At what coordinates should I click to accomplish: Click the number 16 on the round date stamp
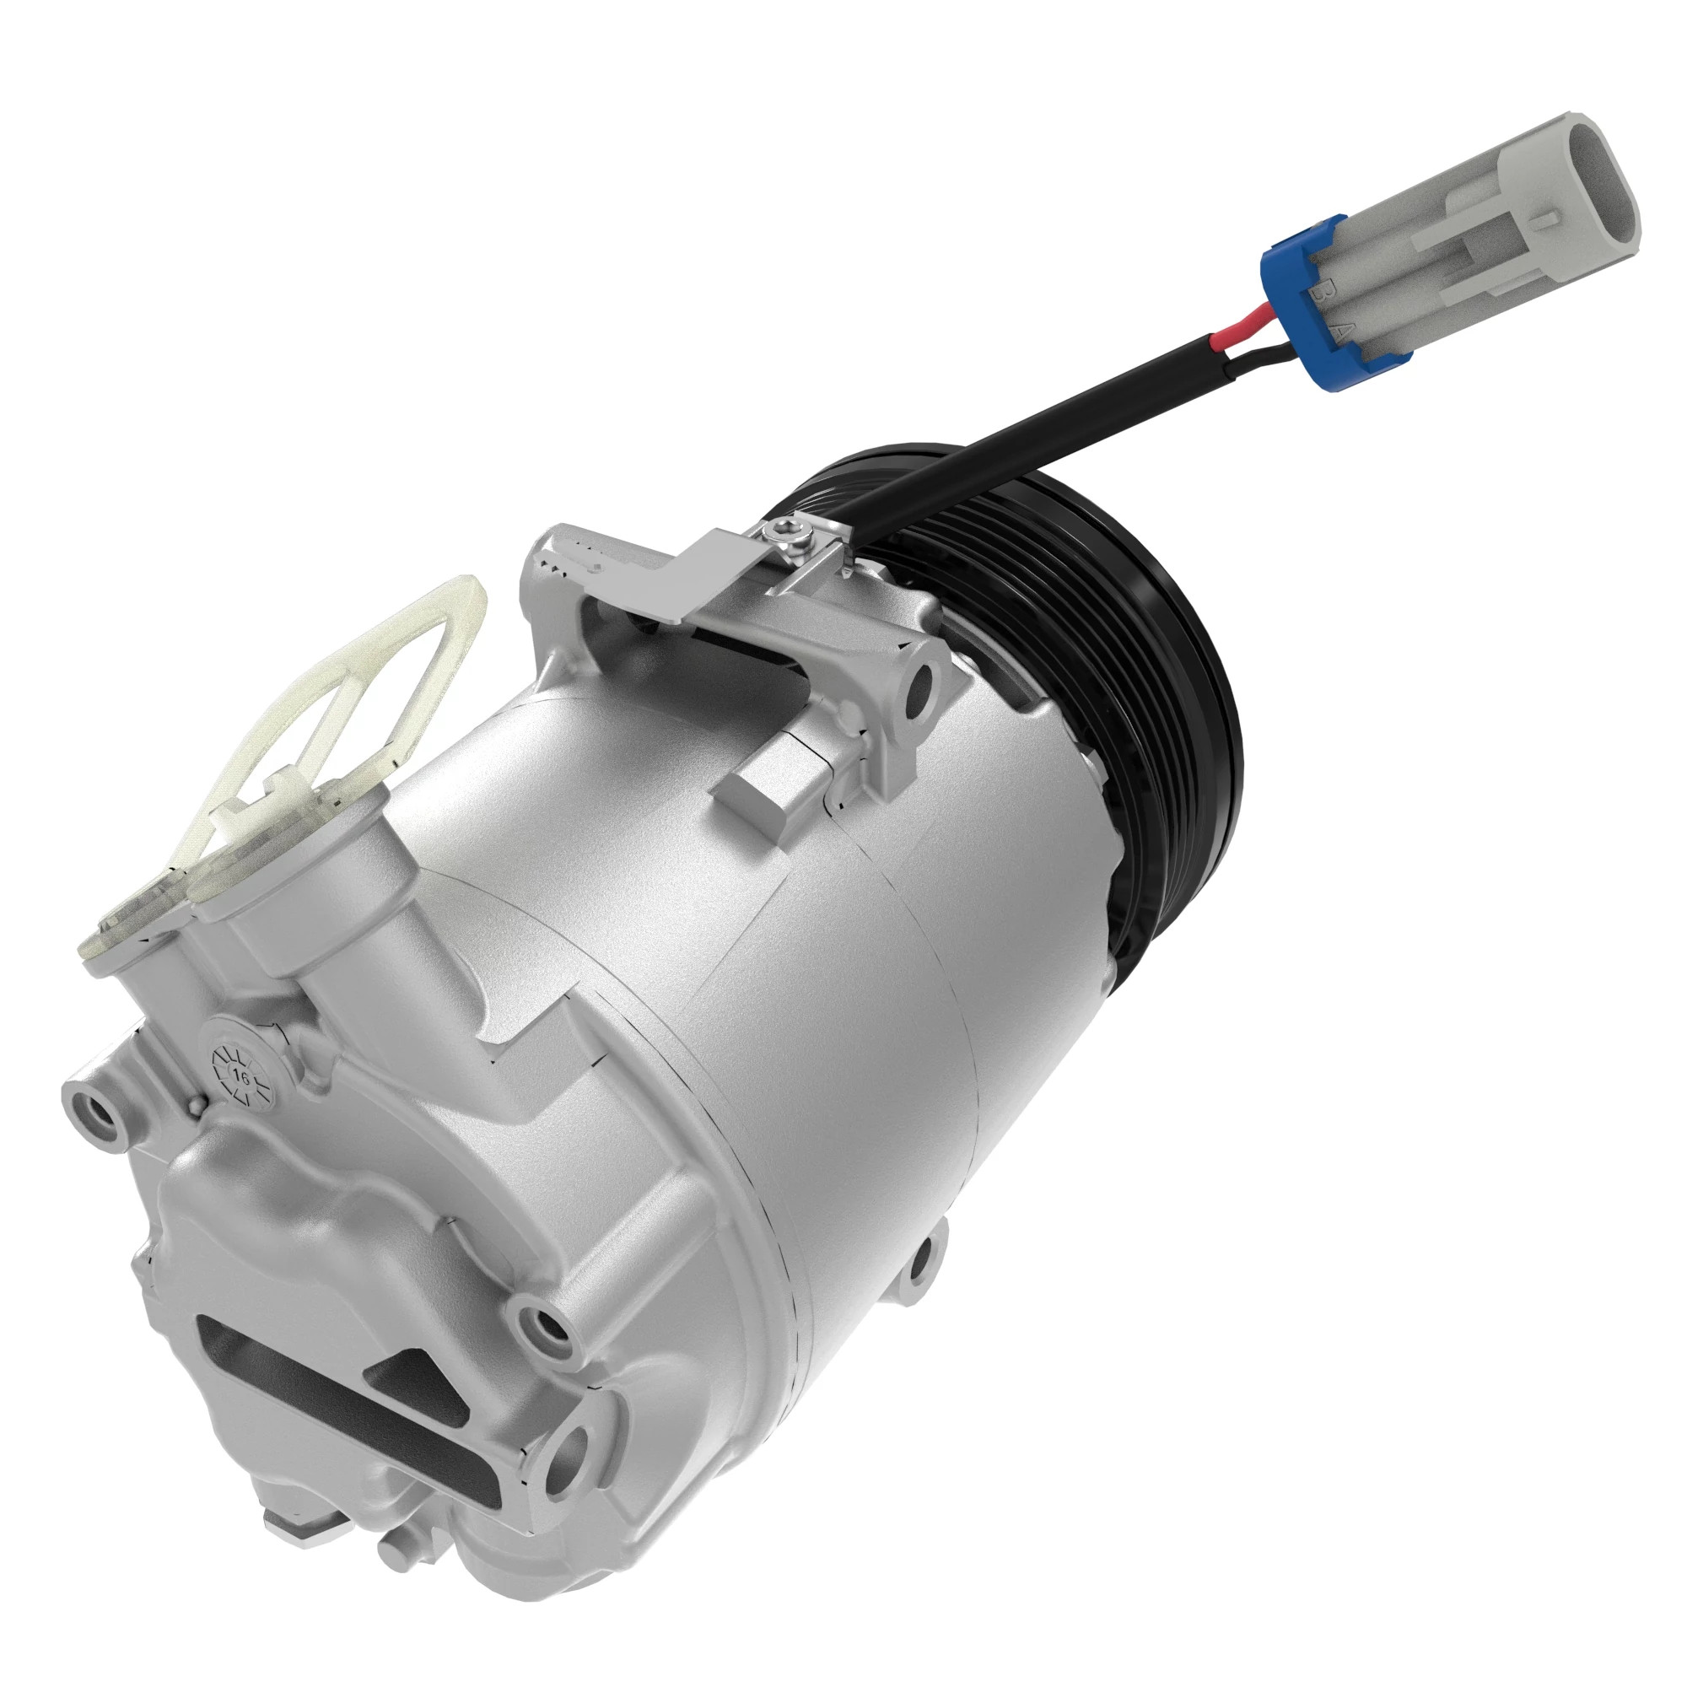pos(238,1076)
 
